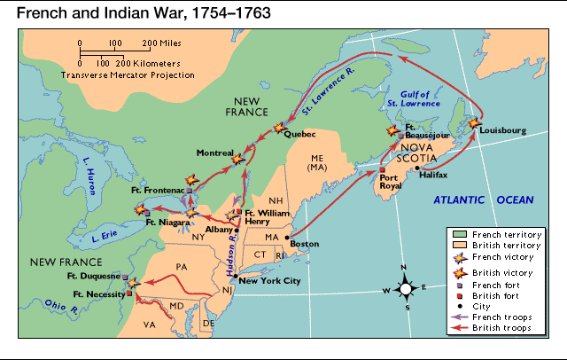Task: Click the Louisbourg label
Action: (502, 130)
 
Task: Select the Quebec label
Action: (300, 134)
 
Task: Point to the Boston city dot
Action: (287, 237)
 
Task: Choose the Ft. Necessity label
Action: (97, 293)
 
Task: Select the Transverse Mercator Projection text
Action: (128, 75)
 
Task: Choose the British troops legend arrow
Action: (460, 328)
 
